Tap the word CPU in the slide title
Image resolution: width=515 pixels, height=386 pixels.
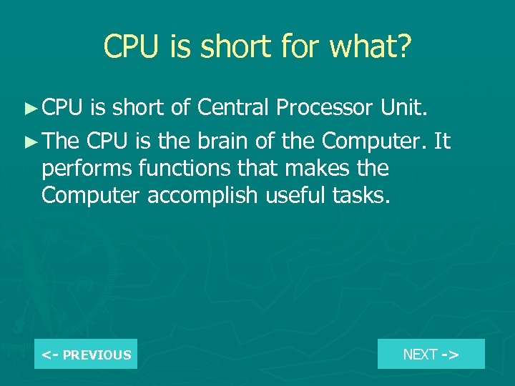131,47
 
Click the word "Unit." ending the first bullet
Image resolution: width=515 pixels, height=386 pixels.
405,108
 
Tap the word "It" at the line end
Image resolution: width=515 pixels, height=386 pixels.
442,142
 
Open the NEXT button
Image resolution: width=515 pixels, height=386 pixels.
431,354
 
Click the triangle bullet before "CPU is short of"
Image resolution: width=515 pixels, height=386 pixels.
29,109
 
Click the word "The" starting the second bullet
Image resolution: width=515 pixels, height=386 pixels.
60,142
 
